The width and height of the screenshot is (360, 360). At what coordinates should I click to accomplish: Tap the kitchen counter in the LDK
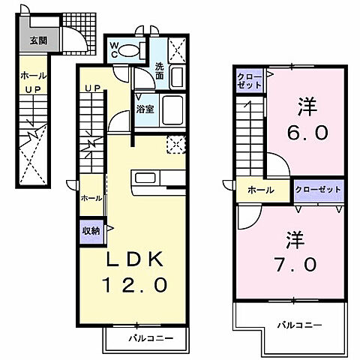point(157,179)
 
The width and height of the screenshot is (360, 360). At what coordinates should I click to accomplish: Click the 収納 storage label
point(90,232)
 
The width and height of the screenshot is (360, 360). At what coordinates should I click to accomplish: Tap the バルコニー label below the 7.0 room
point(297,325)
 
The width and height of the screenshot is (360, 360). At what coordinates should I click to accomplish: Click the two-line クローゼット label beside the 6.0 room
point(250,81)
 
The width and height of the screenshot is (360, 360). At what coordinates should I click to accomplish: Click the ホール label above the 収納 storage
point(91,198)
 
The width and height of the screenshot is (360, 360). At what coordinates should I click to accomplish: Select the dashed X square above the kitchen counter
point(176,145)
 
